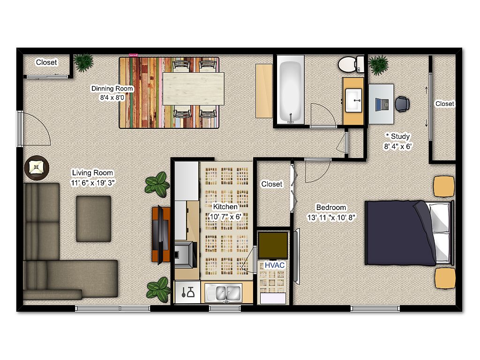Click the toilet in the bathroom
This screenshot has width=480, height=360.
pos(351,64)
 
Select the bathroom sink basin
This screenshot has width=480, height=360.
pos(353,100)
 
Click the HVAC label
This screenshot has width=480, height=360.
pos(274,265)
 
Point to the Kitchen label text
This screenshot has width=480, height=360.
pos(225,207)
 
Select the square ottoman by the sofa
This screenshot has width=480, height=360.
pos(94,219)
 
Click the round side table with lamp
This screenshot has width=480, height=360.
pos(37,168)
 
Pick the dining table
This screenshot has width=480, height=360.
pos(194,89)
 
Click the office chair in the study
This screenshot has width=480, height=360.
pos(402,104)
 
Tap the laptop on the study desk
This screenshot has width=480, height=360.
pos(382,105)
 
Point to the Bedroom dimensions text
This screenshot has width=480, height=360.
pos(331,217)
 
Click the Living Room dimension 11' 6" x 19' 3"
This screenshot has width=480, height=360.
pos(92,183)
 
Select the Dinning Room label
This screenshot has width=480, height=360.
pos(112,89)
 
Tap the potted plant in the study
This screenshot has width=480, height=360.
pos(378,65)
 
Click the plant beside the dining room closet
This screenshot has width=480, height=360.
pos(83,62)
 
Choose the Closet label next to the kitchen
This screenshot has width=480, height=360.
pos(271,184)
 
